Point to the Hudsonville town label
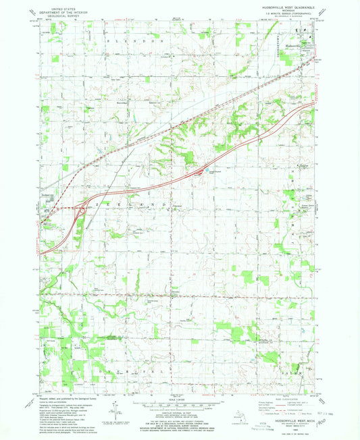290,45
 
